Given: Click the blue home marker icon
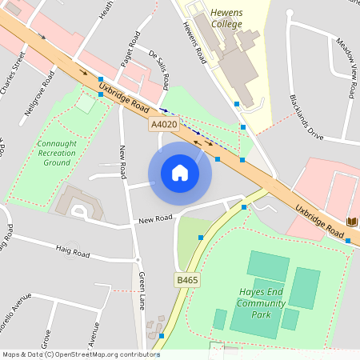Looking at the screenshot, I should pos(179,172).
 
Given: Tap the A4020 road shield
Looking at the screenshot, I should pos(163,125).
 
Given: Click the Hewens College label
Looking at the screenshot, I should pos(226,18).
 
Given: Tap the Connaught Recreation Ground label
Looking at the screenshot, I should pos(57,151).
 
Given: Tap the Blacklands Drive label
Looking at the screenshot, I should pos(306,118).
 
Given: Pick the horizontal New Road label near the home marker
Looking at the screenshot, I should pos(155,218).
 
